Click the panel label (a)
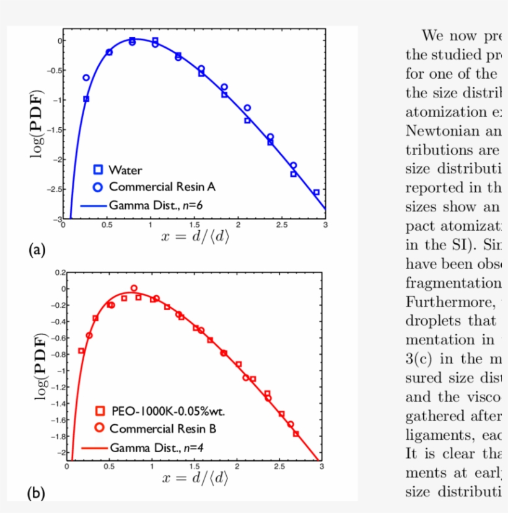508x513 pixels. (37, 250)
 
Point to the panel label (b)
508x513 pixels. (37, 493)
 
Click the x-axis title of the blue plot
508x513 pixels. (195, 236)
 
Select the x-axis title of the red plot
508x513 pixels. (195, 478)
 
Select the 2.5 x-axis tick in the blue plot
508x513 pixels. (281, 225)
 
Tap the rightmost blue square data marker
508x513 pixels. (316, 192)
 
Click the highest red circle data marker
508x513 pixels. (134, 288)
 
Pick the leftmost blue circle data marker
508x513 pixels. (86, 78)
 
